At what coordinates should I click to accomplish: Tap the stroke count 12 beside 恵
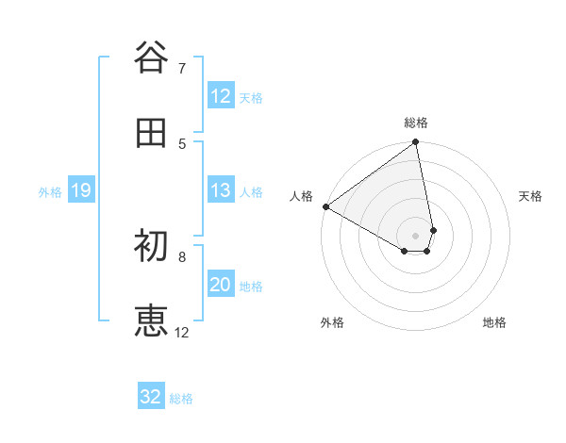182,333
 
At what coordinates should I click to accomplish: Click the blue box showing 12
221,96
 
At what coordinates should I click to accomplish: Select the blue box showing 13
221,191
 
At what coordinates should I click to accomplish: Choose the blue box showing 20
221,285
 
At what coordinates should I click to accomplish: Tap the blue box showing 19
80,191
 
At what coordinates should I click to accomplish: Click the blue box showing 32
151,397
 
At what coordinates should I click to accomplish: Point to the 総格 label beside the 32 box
182,399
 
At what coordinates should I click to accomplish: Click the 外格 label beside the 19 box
50,192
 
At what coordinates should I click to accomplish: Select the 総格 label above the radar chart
416,123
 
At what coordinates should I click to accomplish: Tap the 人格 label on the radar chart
301,196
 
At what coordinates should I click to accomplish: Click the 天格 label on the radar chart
531,196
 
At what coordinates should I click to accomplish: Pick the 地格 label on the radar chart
494,322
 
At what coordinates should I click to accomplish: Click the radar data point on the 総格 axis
416,143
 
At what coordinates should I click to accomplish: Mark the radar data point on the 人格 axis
325,206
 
